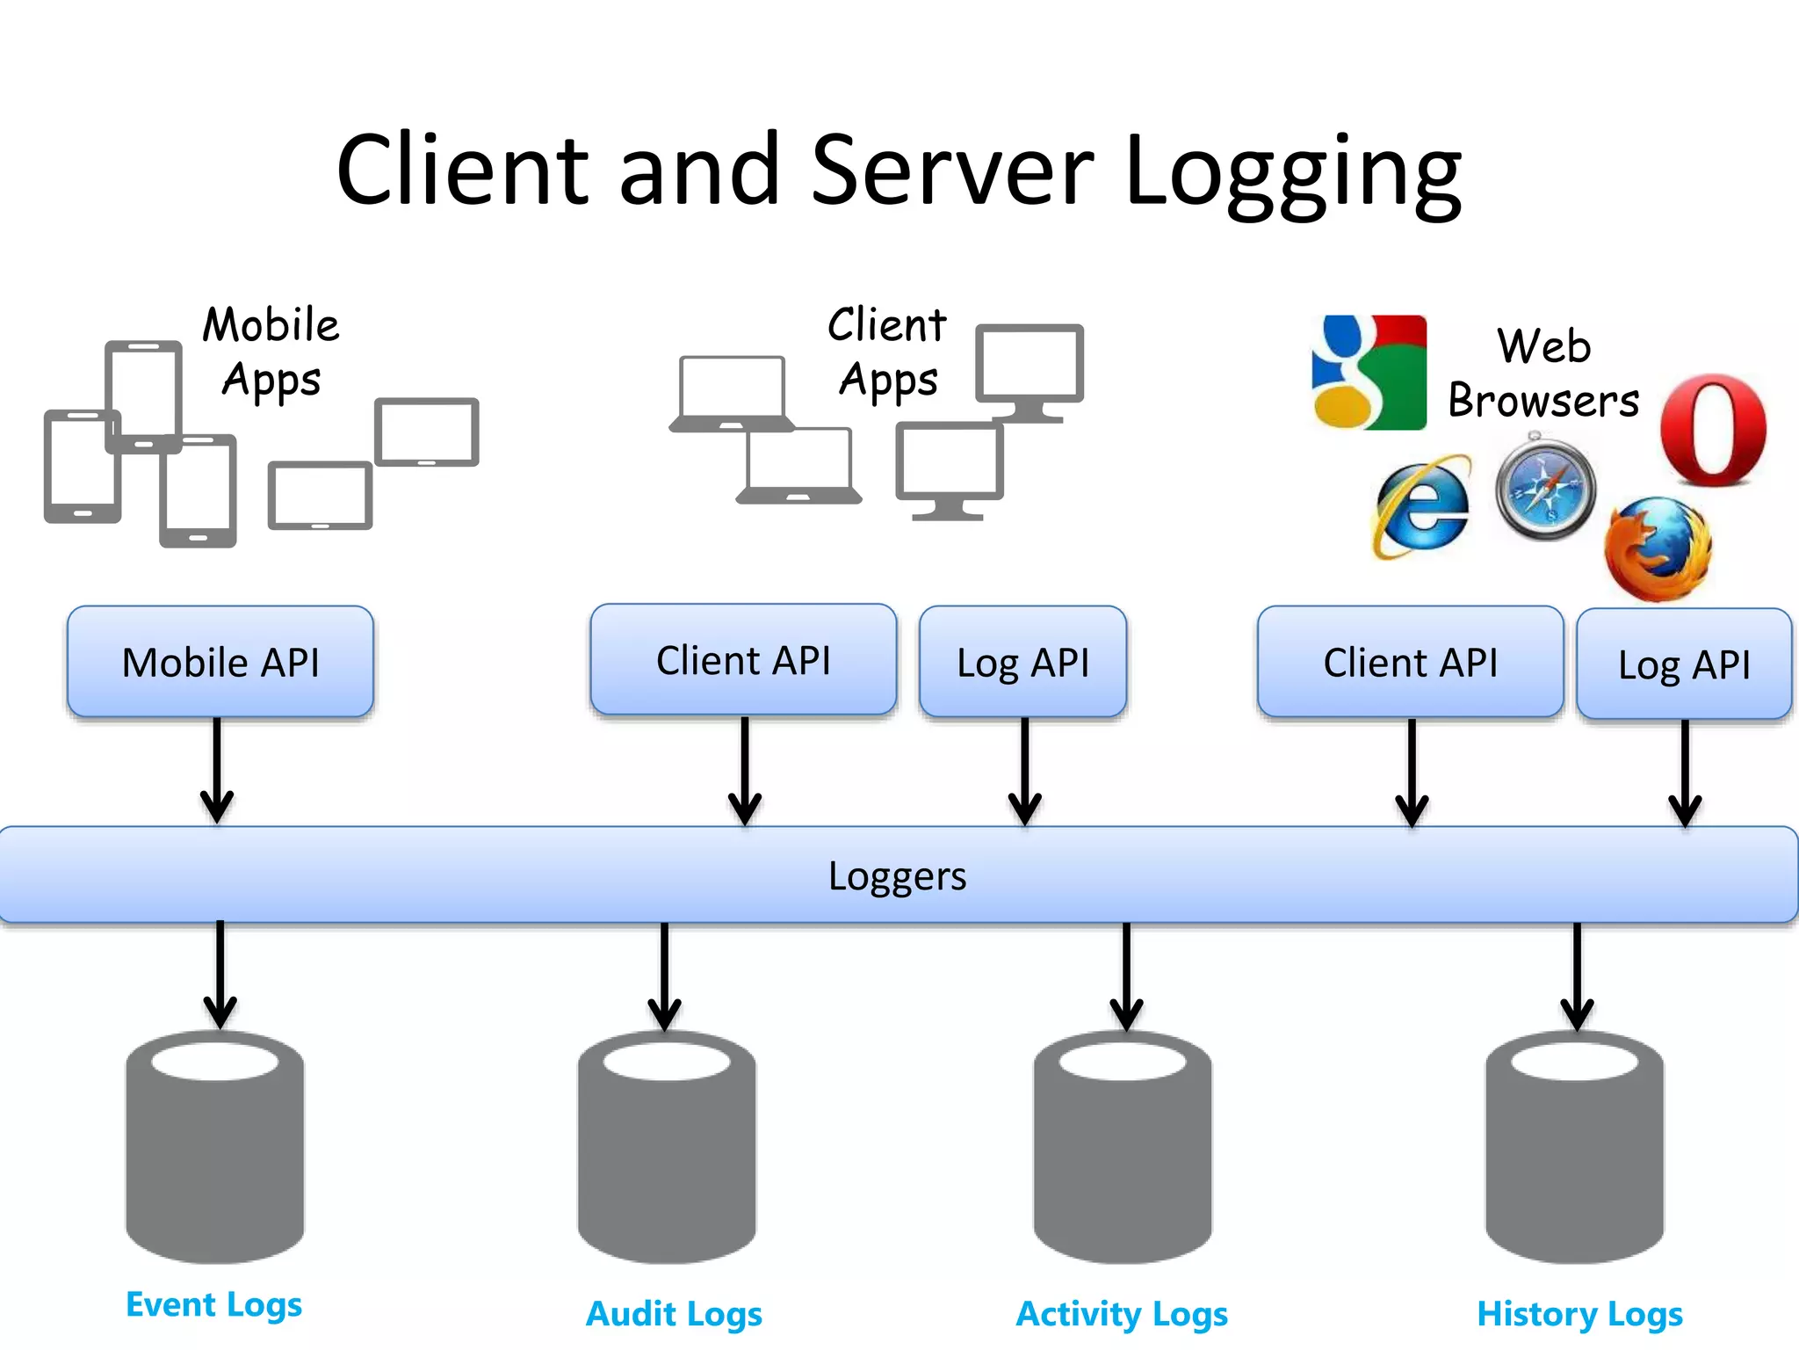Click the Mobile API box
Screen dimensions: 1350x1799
click(x=220, y=662)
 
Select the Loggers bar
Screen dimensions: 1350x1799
click(x=898, y=875)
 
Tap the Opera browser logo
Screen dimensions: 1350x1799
click(x=1713, y=430)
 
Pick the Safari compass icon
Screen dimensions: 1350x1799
click(x=1546, y=487)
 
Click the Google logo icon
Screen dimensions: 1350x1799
click(x=1369, y=372)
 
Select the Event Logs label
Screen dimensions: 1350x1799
click(x=213, y=1304)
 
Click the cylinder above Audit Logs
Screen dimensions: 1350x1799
click(x=666, y=1147)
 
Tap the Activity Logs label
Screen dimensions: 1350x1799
click(x=1122, y=1314)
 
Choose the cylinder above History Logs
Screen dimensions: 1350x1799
click(x=1574, y=1147)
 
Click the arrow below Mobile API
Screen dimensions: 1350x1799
click(x=217, y=770)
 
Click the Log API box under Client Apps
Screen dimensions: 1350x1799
click(x=1022, y=663)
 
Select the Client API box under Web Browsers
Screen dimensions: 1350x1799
click(x=1410, y=663)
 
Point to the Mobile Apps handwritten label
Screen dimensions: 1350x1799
click(x=271, y=352)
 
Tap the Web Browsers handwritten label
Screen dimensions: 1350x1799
click(x=1543, y=373)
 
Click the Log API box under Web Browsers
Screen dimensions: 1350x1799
click(x=1684, y=664)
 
